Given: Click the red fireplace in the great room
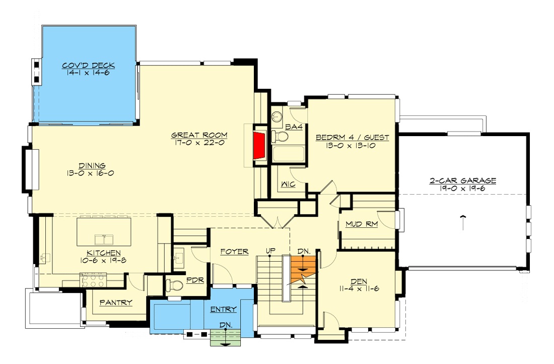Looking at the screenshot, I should (x=259, y=145).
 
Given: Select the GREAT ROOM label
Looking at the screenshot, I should (x=199, y=135).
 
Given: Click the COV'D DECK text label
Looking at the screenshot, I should (x=89, y=66).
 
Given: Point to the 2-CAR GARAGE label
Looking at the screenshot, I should (x=462, y=180).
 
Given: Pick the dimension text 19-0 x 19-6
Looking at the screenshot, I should (x=462, y=189).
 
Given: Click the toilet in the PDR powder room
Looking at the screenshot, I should (x=174, y=286).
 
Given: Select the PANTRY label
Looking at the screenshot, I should (x=115, y=302).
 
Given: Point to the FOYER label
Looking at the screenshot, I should (x=234, y=251).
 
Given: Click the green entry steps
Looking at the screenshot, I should (x=226, y=340).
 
